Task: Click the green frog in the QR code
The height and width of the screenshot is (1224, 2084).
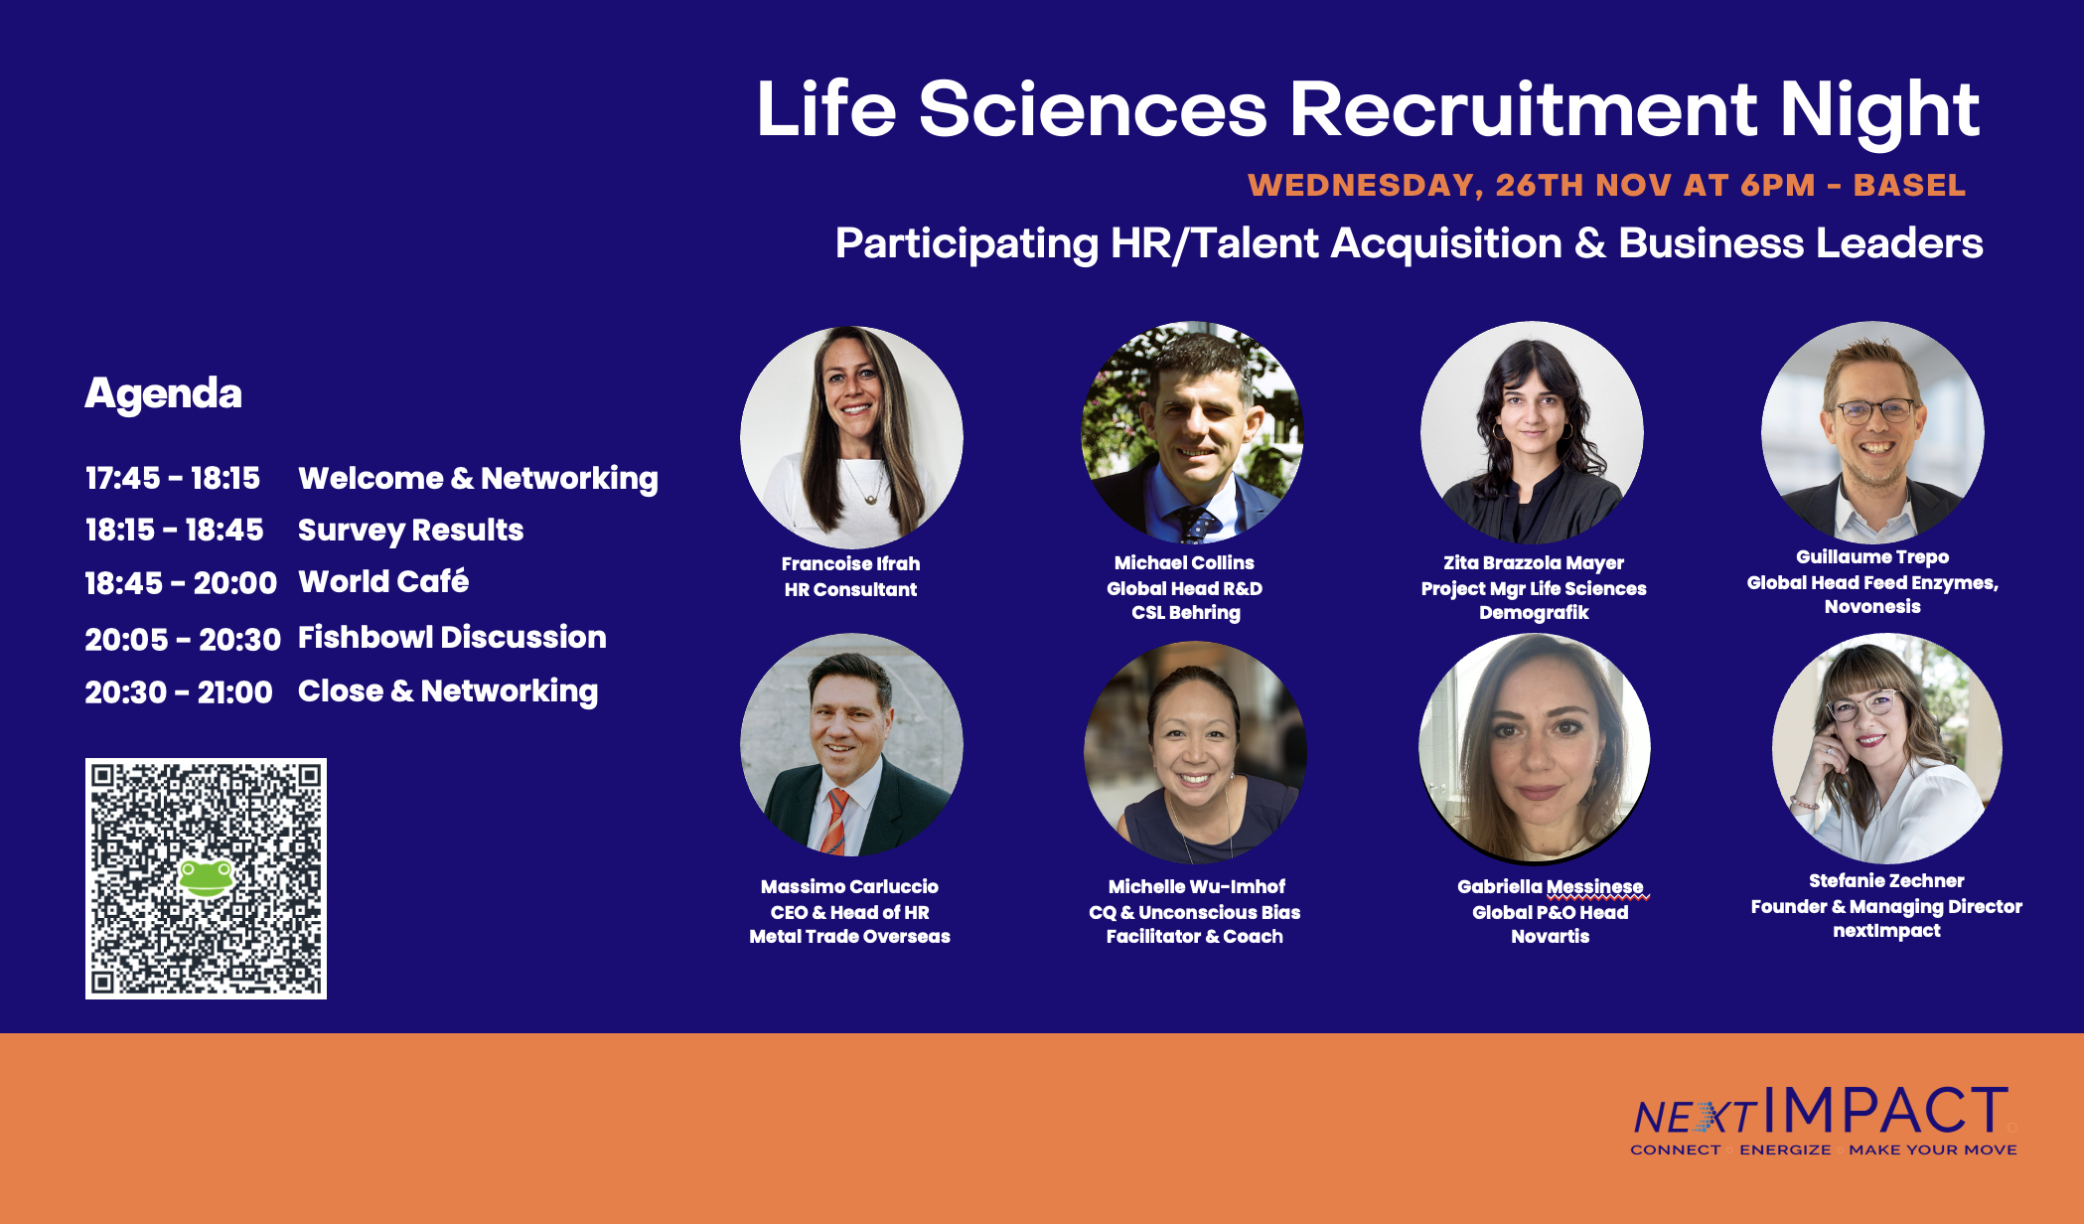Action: [206, 877]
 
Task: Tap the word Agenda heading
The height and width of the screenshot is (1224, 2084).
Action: [163, 394]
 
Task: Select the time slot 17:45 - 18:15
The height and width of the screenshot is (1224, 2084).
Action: [173, 478]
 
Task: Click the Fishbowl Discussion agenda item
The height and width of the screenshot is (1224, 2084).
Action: [452, 637]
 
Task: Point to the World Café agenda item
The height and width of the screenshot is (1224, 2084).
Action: [383, 580]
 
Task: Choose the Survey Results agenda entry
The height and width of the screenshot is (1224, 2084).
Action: [410, 531]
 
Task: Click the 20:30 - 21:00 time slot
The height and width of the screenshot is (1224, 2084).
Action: [179, 691]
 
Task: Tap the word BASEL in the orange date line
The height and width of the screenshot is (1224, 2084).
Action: [1909, 186]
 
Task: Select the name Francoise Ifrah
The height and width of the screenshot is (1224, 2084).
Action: [850, 563]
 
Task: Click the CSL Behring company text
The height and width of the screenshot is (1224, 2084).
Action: [1186, 613]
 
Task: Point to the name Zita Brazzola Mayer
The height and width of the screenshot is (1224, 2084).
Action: [1534, 563]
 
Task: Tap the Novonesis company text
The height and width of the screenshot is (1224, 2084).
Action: [1872, 607]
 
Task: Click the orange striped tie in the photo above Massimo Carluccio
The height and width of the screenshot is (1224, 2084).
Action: [834, 822]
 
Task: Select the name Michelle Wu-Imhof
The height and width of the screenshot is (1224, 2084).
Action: [1196, 886]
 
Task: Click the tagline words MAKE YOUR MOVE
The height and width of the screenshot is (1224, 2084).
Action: [1933, 1149]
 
